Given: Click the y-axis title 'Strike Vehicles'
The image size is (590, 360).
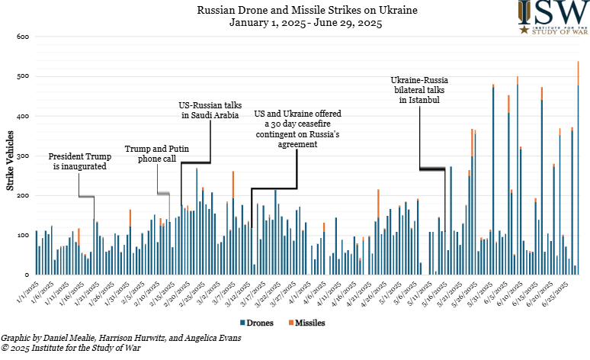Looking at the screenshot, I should point(10,160).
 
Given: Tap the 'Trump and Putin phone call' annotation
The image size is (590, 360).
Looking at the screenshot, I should point(156,155).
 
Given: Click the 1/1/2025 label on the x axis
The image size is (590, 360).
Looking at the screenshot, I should point(28,292).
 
